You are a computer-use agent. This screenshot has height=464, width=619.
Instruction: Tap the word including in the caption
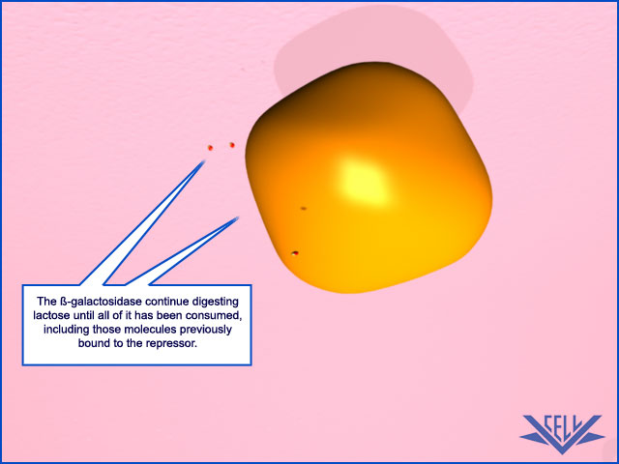click(x=67, y=330)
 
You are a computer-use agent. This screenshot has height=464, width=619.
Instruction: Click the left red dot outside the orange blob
click(x=211, y=148)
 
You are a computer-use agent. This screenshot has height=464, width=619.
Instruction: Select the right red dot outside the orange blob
click(x=232, y=145)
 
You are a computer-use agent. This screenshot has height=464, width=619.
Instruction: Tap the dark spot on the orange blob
click(x=304, y=208)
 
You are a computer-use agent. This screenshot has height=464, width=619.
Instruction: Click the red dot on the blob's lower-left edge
click(x=295, y=253)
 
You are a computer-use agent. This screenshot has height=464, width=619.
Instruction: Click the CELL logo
click(x=562, y=434)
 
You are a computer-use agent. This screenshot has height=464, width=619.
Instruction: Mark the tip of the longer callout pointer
click(x=204, y=161)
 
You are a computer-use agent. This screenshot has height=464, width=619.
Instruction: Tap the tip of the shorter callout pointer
click(x=238, y=217)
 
